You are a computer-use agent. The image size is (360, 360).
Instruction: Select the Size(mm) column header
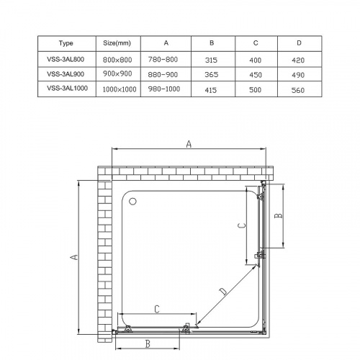(117, 43)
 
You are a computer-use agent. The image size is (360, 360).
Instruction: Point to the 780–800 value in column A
(166, 59)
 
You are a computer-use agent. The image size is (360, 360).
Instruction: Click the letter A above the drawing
(189, 144)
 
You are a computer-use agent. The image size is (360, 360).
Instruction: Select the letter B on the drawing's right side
(282, 215)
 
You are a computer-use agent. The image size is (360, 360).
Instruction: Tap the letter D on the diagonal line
(222, 291)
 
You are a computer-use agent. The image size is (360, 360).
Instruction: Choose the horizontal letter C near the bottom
(156, 309)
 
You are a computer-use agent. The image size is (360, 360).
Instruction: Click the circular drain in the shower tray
(132, 201)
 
